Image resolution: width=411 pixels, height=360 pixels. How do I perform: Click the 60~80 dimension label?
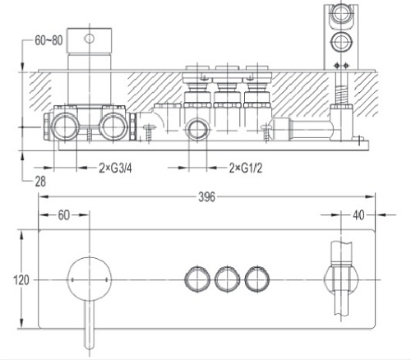(48, 40)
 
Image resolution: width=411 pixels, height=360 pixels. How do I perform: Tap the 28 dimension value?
(40, 182)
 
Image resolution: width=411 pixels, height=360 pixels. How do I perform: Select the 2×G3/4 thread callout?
(115, 168)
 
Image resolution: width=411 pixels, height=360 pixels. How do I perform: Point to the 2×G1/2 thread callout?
(246, 168)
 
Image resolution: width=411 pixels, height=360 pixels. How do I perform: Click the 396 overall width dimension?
(207, 196)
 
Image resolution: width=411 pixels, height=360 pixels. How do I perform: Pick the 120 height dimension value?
(21, 280)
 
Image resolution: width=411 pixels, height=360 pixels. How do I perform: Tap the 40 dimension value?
(358, 215)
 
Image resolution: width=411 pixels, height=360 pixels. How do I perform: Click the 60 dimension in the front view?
(64, 215)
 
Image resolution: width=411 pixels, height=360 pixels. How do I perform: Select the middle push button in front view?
(227, 279)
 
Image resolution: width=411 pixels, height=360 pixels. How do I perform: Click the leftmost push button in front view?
(197, 279)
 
